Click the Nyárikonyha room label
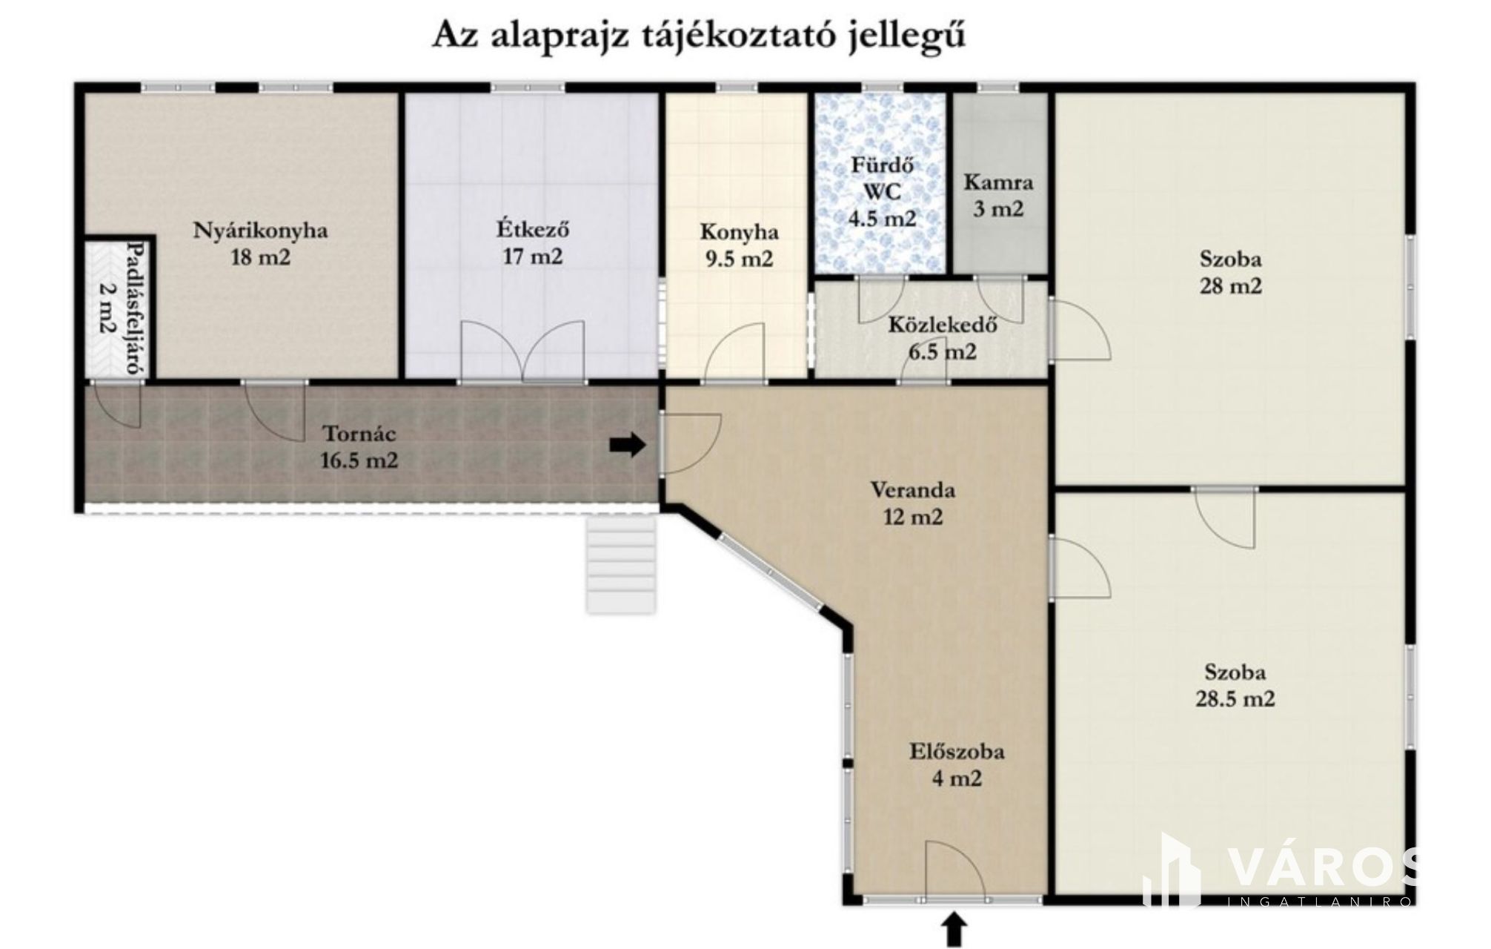click(260, 243)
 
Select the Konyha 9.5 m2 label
click(739, 245)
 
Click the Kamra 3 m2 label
click(998, 195)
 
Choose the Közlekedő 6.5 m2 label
click(943, 337)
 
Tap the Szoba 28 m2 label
click(1231, 272)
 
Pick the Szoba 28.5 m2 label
click(1235, 686)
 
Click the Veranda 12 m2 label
click(912, 503)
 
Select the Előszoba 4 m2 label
click(957, 764)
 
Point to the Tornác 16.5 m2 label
click(359, 447)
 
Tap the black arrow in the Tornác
click(627, 445)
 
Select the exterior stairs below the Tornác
click(621, 563)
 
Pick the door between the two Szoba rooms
click(1223, 517)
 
